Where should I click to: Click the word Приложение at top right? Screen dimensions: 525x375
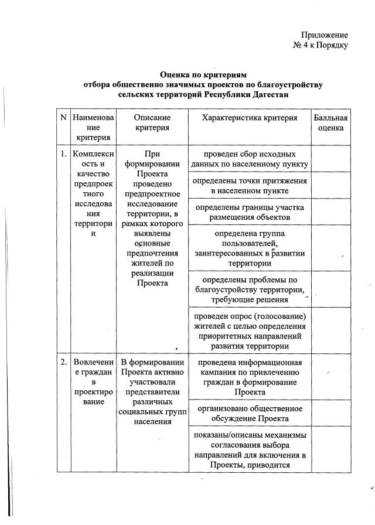click(x=325, y=35)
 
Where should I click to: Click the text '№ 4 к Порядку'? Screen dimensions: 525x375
click(x=321, y=46)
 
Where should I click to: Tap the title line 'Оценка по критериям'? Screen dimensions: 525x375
click(x=203, y=75)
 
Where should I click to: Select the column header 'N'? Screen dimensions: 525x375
click(x=63, y=118)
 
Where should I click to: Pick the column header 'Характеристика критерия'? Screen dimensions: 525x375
click(x=249, y=118)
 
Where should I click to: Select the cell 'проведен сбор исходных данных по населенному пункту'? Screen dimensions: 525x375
click(x=249, y=159)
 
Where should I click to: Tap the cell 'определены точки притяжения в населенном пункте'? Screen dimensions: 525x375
click(x=249, y=186)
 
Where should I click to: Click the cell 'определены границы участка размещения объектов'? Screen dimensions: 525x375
click(x=249, y=213)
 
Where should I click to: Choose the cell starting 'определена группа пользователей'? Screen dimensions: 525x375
click(x=249, y=248)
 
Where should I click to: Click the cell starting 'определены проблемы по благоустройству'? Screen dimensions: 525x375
click(x=249, y=289)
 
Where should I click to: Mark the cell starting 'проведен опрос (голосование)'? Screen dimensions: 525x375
click(x=249, y=332)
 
